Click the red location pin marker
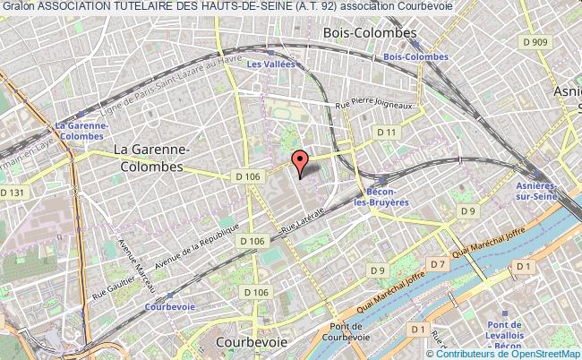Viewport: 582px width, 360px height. point(301,163)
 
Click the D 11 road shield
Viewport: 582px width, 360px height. point(387,133)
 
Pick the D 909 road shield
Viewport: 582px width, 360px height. point(537,41)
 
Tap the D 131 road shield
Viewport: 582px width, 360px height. point(13,193)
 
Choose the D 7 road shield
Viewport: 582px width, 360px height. point(438,264)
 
